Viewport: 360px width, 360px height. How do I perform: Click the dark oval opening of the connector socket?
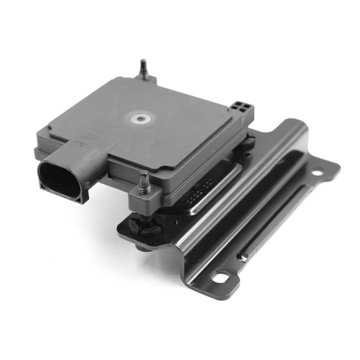click(x=60, y=178)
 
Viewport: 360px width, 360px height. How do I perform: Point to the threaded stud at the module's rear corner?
click(x=144, y=68)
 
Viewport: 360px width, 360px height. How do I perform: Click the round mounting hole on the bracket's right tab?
click(x=317, y=173)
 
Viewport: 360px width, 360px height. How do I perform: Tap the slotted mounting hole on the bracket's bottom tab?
click(x=221, y=277)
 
